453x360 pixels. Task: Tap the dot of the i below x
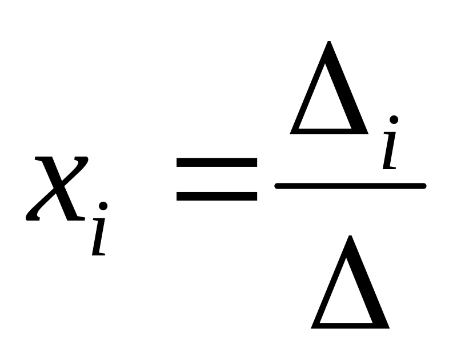click(103, 206)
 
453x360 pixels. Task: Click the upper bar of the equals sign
click(217, 162)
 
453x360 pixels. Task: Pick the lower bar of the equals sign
click(217, 196)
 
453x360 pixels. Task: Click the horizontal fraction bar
click(350, 185)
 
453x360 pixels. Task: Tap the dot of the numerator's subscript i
click(394, 119)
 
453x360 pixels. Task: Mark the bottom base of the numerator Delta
click(328, 131)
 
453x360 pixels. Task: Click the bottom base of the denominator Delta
click(350, 325)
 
